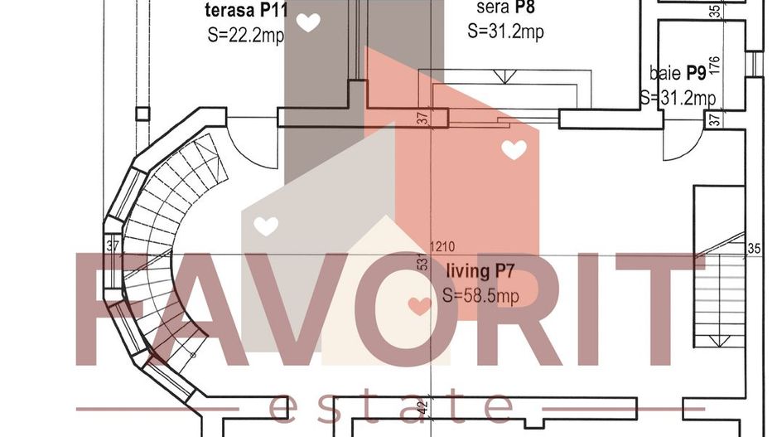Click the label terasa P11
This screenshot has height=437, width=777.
[x=246, y=12]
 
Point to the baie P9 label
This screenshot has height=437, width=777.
[x=677, y=74]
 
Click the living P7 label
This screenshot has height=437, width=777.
[x=481, y=271]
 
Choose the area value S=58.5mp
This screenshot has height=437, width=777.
[x=481, y=295]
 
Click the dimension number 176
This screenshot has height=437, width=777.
[x=714, y=66]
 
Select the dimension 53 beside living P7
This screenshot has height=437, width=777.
[x=422, y=265]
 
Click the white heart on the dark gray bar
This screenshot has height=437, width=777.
[x=308, y=22]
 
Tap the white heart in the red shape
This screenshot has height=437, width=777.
[x=514, y=150]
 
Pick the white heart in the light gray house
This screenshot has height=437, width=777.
[x=265, y=225]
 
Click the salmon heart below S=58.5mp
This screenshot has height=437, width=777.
[x=420, y=306]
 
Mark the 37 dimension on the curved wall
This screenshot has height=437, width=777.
[x=113, y=245]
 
